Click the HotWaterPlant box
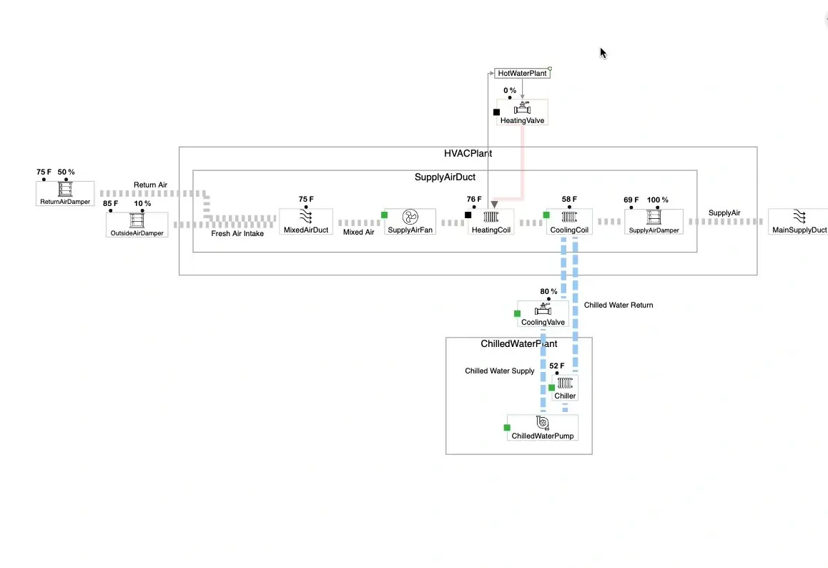click(x=522, y=74)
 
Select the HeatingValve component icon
click(x=523, y=109)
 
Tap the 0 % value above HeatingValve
click(x=510, y=91)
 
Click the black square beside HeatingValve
click(x=496, y=112)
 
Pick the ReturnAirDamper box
click(x=65, y=193)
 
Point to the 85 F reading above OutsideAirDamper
click(x=111, y=204)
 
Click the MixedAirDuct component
click(x=305, y=221)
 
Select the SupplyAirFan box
click(x=410, y=222)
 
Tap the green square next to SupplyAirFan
click(x=384, y=215)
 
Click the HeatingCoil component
click(x=491, y=222)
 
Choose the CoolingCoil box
click(x=569, y=222)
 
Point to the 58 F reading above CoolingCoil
click(x=569, y=200)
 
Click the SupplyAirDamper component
click(x=654, y=221)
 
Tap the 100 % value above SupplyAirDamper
click(x=658, y=200)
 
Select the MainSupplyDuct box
click(x=799, y=221)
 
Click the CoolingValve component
click(x=543, y=313)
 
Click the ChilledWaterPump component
click(x=542, y=427)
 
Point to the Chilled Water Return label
click(x=618, y=305)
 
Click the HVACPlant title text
click(x=468, y=154)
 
